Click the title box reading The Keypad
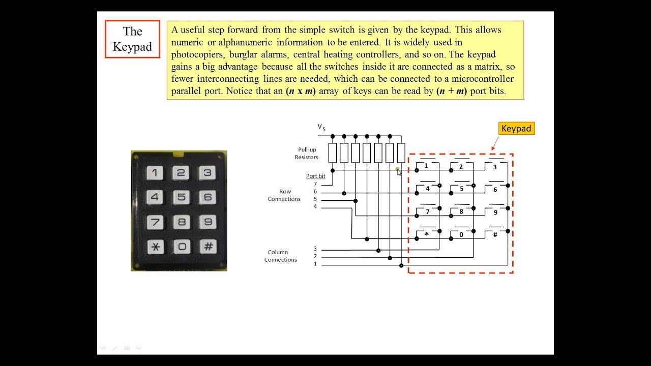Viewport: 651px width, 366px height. point(132,39)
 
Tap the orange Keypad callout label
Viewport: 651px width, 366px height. point(516,129)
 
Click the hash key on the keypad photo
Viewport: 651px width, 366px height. point(208,247)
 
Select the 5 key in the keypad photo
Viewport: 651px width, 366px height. point(181,197)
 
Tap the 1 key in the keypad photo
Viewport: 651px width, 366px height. point(155,173)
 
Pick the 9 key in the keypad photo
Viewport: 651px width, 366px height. point(208,222)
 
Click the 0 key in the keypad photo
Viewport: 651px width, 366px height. point(182,247)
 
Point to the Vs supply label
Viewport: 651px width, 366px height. point(321,127)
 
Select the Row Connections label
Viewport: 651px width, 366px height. point(284,195)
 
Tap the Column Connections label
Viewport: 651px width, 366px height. point(280,256)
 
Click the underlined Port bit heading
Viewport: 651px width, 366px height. point(315,176)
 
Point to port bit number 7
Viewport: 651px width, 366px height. point(315,184)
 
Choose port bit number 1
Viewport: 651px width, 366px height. point(315,264)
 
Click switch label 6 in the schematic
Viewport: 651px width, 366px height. point(495,190)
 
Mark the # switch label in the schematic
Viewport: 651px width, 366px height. point(495,235)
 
